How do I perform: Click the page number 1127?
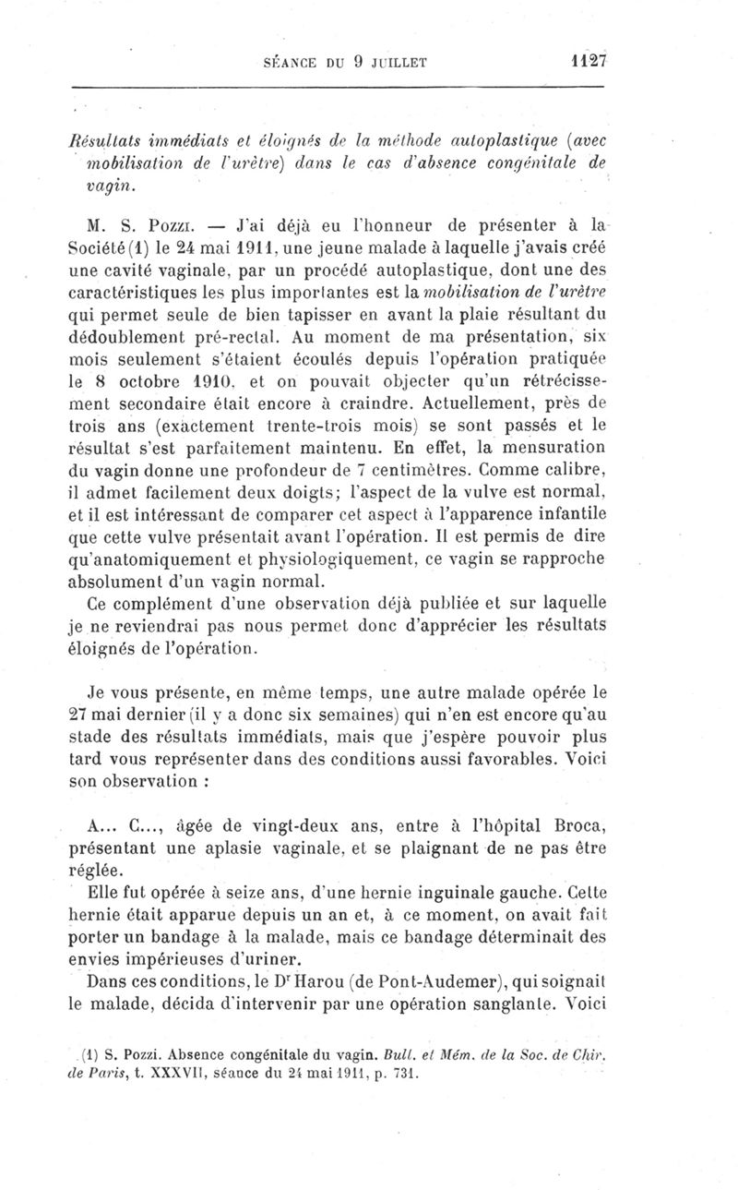tap(586, 62)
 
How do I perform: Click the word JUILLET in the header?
tap(393, 64)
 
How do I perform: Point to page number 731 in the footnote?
tap(405, 1074)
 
